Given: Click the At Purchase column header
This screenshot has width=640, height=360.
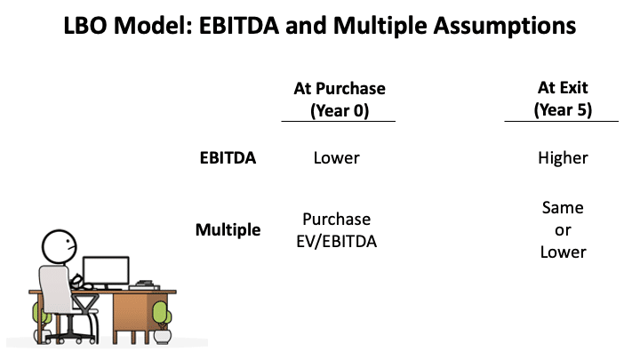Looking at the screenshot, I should [339, 88].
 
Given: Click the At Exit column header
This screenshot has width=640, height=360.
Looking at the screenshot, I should [563, 88].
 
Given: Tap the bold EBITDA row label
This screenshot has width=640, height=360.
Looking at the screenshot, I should [227, 158].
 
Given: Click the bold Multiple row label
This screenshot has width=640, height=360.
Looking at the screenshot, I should [228, 230].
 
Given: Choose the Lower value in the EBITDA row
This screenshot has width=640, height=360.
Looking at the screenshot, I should [336, 158].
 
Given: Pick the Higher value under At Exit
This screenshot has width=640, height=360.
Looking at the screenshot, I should [563, 158].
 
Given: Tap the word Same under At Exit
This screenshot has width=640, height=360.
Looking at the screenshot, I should [563, 208].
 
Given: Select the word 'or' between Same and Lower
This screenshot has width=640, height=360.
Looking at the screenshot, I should [563, 229].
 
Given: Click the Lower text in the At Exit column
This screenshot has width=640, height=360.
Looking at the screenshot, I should [563, 252].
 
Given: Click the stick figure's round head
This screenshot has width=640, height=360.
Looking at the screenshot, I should [60, 244].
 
